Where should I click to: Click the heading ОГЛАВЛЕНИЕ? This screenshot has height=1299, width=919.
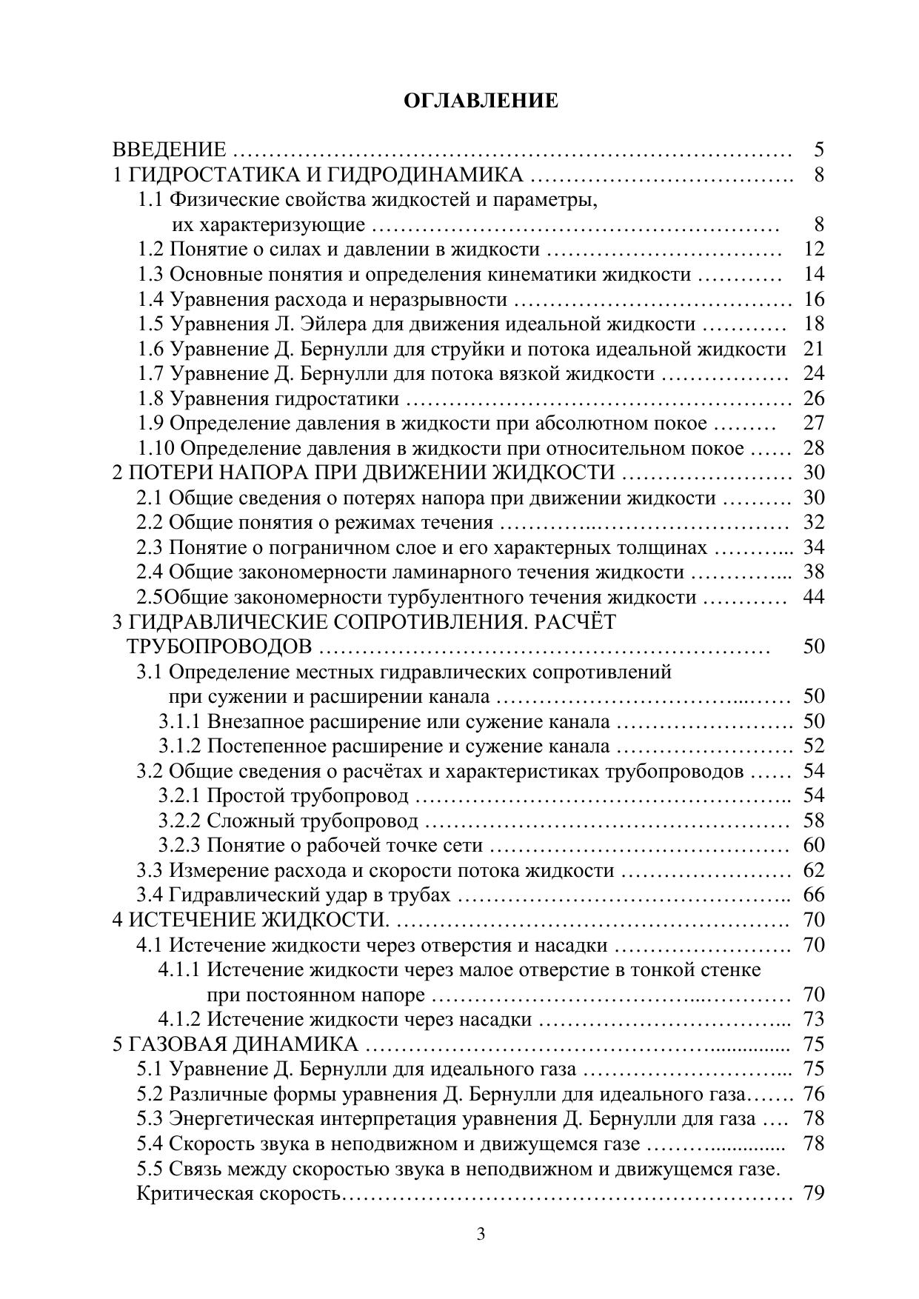(x=481, y=101)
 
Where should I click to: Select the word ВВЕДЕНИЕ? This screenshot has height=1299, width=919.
(x=169, y=150)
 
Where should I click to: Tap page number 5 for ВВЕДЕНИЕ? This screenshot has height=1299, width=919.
(x=818, y=150)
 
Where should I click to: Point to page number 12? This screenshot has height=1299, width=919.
(x=813, y=250)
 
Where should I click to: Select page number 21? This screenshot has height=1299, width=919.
(x=813, y=349)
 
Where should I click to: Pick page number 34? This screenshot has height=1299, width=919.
(x=813, y=548)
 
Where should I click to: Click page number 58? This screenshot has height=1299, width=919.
(x=813, y=821)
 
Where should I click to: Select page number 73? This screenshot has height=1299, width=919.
(x=813, y=1020)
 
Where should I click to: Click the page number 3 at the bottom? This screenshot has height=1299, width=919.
(x=481, y=1235)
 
